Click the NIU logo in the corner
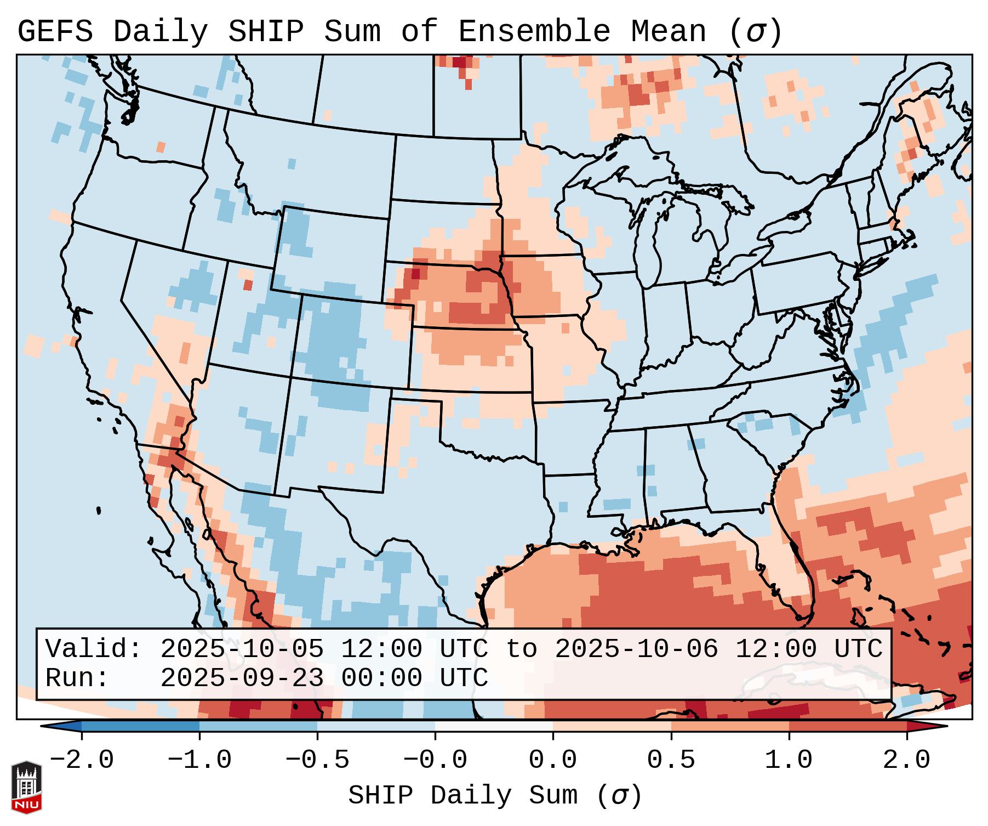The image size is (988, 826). pyautogui.click(x=26, y=787)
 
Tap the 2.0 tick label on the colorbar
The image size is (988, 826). pyautogui.click(x=906, y=760)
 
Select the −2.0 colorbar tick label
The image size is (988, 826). pyautogui.click(x=82, y=760)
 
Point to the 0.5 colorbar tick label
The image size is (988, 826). pyautogui.click(x=671, y=760)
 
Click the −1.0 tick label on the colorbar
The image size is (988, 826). pyautogui.click(x=199, y=760)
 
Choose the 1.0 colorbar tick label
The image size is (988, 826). pyautogui.click(x=789, y=760)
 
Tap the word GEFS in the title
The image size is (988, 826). pyautogui.click(x=55, y=32)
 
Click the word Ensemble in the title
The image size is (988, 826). pyautogui.click(x=534, y=32)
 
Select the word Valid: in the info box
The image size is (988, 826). pyautogui.click(x=94, y=649)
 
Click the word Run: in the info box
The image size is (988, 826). pyautogui.click(x=77, y=678)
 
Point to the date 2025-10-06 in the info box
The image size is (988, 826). pyautogui.click(x=637, y=649)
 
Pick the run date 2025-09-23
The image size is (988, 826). pyautogui.click(x=242, y=678)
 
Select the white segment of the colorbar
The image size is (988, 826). pyautogui.click(x=494, y=726)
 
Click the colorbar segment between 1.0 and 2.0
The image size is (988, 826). pyautogui.click(x=848, y=726)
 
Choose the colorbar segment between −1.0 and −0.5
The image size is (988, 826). pyautogui.click(x=258, y=726)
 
